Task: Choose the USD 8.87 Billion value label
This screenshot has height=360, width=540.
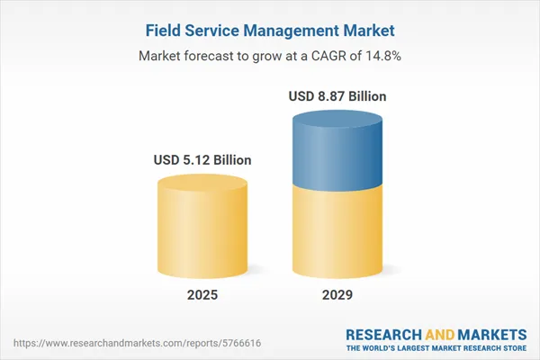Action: [340, 95]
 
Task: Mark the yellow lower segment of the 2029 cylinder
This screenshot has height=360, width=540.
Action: [340, 229]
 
